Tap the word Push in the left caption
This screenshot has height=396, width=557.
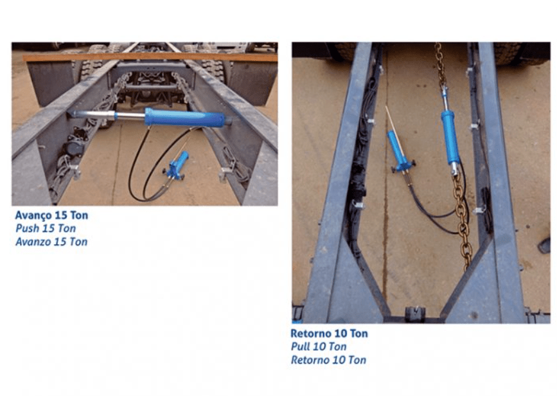pyautogui.click(x=26, y=228)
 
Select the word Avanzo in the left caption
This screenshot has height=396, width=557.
pyautogui.click(x=33, y=242)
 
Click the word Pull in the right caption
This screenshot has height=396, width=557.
pyautogui.click(x=301, y=346)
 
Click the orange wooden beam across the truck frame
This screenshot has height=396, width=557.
pyautogui.click(x=150, y=57)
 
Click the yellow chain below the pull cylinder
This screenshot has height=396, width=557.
pyautogui.click(x=462, y=217)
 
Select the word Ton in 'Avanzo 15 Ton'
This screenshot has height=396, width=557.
pyautogui.click(x=78, y=242)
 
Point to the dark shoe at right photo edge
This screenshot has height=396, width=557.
pyautogui.click(x=545, y=246)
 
